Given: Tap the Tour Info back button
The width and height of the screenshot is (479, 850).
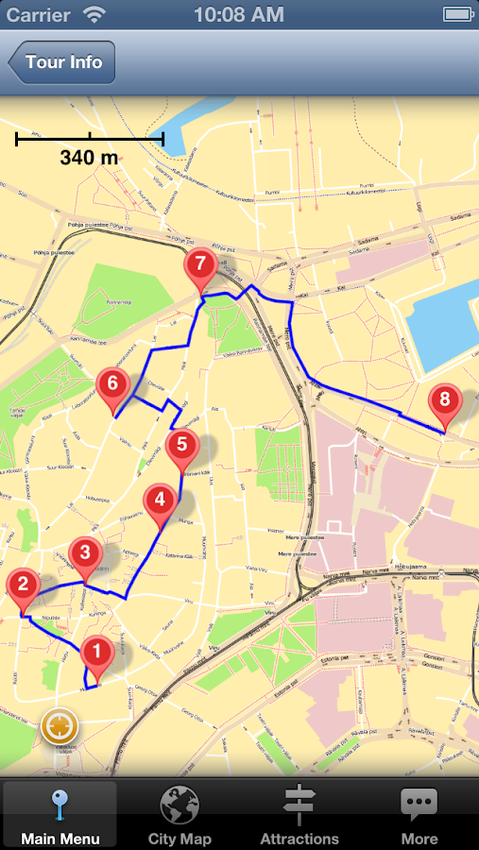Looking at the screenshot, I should [x=62, y=63].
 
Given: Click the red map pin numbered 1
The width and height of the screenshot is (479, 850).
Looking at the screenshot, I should [x=95, y=653].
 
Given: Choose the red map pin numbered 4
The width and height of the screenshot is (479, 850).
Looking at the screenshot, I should [x=159, y=501].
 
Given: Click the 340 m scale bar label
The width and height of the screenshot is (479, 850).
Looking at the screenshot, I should [x=89, y=158].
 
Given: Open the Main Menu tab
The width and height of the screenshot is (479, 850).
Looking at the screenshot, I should [x=60, y=814].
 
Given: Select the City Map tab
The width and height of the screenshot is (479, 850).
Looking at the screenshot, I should [x=180, y=814].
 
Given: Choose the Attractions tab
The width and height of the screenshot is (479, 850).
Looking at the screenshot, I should [x=299, y=814].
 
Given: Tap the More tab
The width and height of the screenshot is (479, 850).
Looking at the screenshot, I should [x=419, y=814].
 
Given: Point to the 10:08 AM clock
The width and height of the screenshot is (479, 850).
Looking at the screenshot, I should [x=238, y=15].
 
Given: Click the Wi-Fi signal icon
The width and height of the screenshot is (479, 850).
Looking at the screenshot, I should [x=94, y=15].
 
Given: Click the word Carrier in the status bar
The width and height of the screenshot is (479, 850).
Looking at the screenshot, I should [x=39, y=15].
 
